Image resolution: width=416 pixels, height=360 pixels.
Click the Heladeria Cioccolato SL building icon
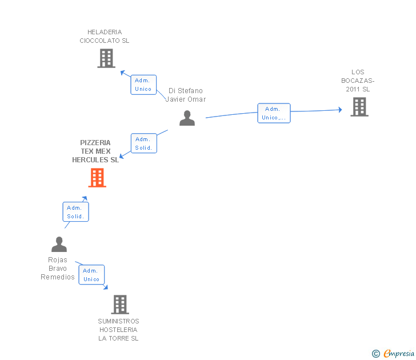point(106,58)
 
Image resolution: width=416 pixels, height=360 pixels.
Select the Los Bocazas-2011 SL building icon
point(359,107)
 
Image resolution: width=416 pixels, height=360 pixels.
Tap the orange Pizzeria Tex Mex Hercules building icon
point(97,178)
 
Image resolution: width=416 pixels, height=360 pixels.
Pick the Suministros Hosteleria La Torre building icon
point(119,305)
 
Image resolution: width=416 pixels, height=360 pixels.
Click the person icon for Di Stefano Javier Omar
point(187,118)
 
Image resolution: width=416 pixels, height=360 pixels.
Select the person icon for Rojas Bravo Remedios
point(59,245)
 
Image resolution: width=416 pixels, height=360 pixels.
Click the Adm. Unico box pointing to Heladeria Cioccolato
point(143,85)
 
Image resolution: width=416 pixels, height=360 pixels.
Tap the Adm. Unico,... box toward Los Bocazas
point(274,113)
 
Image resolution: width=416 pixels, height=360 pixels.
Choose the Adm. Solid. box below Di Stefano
point(143,143)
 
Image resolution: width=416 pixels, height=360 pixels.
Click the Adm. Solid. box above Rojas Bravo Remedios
point(75,212)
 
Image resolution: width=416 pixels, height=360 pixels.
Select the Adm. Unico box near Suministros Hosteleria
point(91,275)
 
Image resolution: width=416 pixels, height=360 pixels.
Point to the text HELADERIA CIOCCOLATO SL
point(105,37)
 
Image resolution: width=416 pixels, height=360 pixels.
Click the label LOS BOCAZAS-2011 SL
point(358,81)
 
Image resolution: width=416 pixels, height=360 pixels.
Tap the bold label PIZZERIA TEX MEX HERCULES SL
point(95,151)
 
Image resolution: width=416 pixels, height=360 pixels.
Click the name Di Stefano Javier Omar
point(185,95)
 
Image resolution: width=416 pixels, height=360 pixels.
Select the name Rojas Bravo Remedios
point(58,269)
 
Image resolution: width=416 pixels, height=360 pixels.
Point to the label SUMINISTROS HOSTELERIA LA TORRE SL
point(119,330)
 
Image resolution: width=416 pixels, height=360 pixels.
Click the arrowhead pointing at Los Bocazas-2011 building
point(339,110)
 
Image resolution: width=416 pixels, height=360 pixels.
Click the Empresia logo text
point(399,354)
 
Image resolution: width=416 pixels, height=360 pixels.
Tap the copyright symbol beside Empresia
point(376,354)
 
